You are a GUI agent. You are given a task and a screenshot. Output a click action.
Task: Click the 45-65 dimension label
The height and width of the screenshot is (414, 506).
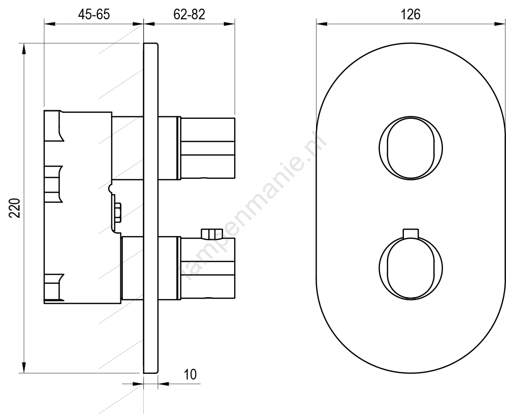[94, 15]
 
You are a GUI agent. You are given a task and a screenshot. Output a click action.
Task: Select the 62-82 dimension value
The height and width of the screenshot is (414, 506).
[189, 15]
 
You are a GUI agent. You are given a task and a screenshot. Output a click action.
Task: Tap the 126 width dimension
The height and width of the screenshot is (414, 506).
[410, 15]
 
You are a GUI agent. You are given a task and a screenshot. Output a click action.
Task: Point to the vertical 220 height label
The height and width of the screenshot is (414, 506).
[15, 208]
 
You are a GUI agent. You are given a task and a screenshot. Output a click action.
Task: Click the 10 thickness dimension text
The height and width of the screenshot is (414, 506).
[190, 375]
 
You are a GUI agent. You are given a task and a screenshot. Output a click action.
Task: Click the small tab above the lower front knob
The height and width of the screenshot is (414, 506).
[411, 234]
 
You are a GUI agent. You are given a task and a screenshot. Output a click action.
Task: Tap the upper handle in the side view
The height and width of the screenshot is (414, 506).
[206, 148]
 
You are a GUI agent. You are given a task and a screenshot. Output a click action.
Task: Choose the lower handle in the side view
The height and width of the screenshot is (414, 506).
[206, 268]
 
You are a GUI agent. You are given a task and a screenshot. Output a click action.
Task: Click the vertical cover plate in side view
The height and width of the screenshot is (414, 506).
[151, 208]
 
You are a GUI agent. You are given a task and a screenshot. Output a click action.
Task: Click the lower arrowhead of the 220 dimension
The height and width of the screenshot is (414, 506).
[23, 367]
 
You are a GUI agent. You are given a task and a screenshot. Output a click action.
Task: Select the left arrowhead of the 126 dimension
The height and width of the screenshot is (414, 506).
[322, 23]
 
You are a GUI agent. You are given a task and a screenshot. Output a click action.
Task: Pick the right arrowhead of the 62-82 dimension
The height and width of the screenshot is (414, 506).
[229, 23]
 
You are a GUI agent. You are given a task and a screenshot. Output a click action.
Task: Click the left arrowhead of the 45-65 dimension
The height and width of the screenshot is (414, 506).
[50, 23]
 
